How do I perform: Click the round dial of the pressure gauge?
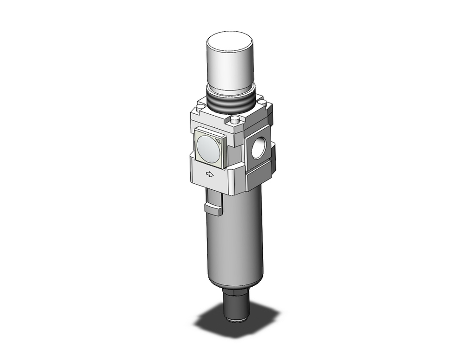pyautogui.click(x=208, y=149)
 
